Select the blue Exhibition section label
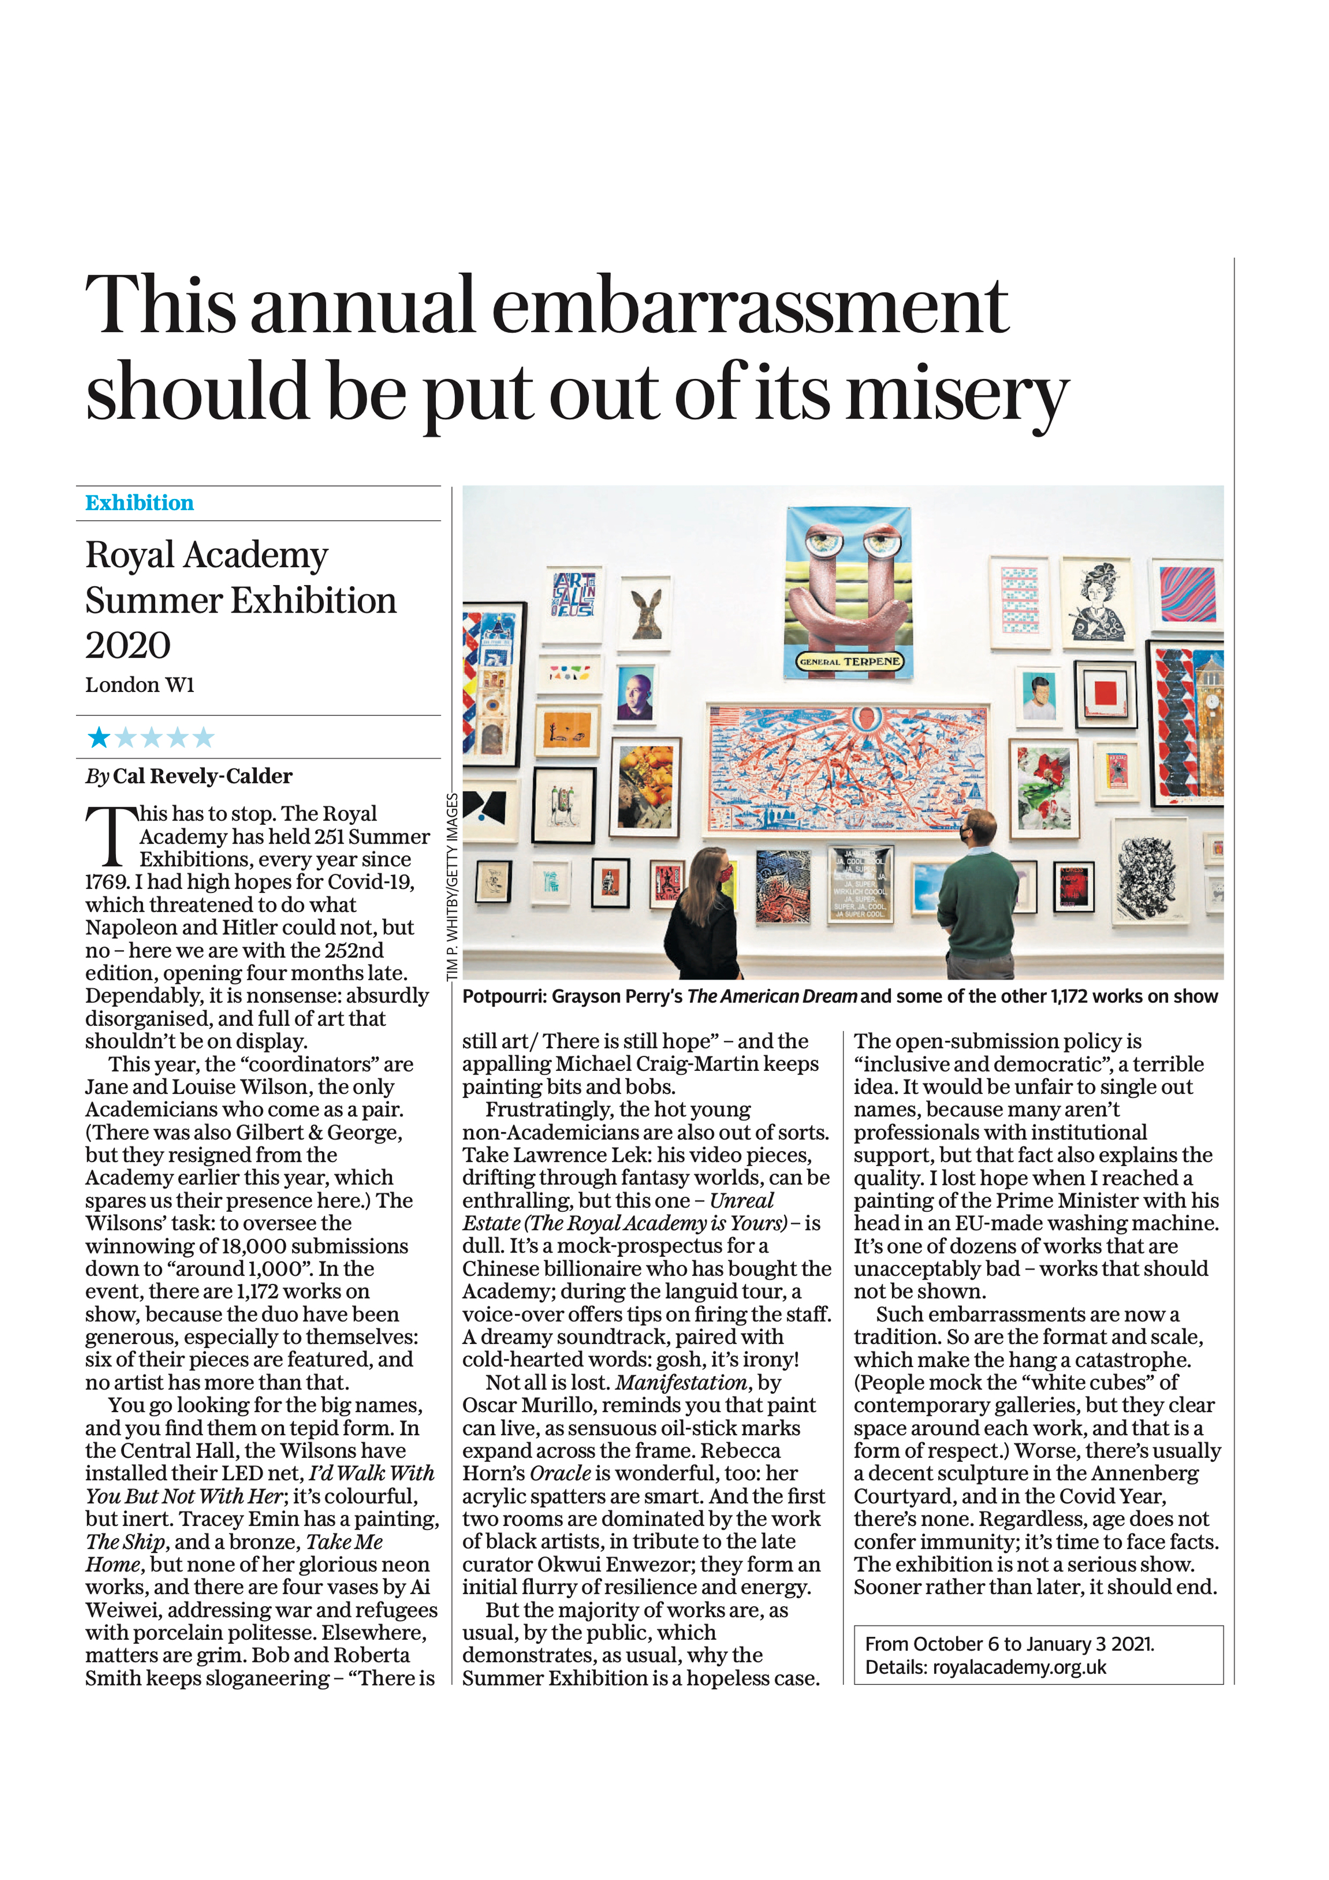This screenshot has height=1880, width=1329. (139, 503)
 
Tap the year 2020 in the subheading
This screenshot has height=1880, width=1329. (128, 645)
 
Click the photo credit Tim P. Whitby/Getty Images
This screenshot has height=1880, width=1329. (452, 887)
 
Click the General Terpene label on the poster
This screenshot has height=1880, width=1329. (850, 662)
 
